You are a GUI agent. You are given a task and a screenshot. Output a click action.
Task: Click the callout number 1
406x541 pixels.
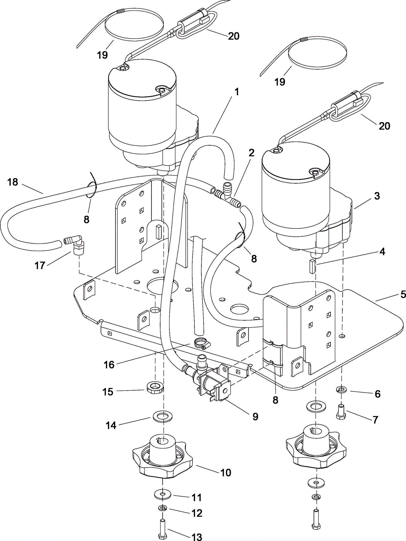(x=237, y=92)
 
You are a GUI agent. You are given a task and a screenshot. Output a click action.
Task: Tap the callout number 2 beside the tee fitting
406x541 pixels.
(x=251, y=153)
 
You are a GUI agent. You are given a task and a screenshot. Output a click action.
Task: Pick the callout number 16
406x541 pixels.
(x=109, y=365)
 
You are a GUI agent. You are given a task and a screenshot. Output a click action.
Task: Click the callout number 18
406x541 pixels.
(x=13, y=182)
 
